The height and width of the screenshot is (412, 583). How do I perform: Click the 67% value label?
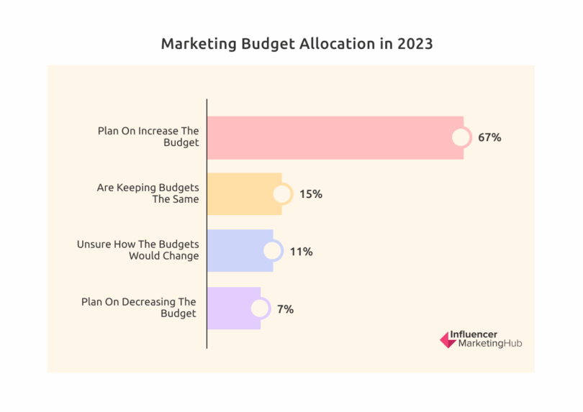click(x=489, y=137)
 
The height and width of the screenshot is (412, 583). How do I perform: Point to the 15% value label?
click(x=311, y=194)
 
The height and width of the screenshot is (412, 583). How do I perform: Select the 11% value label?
click(x=301, y=252)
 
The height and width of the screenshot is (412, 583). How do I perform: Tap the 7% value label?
click(x=285, y=309)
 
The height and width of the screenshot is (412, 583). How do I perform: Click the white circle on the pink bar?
click(x=461, y=137)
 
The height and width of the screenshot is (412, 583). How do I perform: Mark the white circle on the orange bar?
click(x=282, y=194)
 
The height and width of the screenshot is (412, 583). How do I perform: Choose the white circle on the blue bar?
click(x=273, y=251)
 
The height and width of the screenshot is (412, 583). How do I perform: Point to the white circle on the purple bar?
click(x=260, y=308)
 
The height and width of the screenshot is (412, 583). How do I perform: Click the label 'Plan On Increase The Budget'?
click(x=148, y=137)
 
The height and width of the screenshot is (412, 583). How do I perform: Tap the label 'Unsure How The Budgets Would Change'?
click(x=137, y=250)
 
